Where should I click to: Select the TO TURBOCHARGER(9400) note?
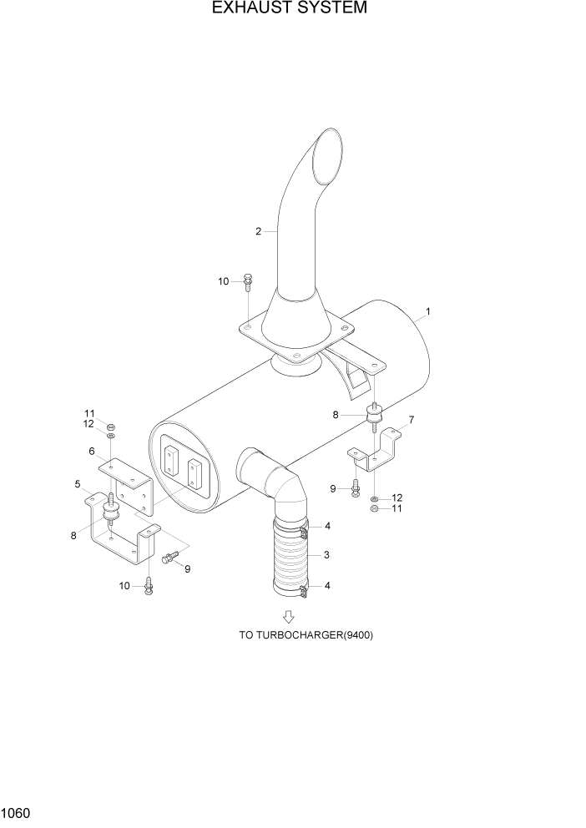(306, 635)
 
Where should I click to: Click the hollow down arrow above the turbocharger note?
(289, 616)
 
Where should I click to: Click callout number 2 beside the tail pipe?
(259, 231)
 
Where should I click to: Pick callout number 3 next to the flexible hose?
(327, 555)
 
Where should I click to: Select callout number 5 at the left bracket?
(78, 484)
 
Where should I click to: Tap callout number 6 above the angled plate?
(92, 451)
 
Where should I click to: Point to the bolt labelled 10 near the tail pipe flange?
(248, 282)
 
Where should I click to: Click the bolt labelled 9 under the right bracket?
(356, 488)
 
